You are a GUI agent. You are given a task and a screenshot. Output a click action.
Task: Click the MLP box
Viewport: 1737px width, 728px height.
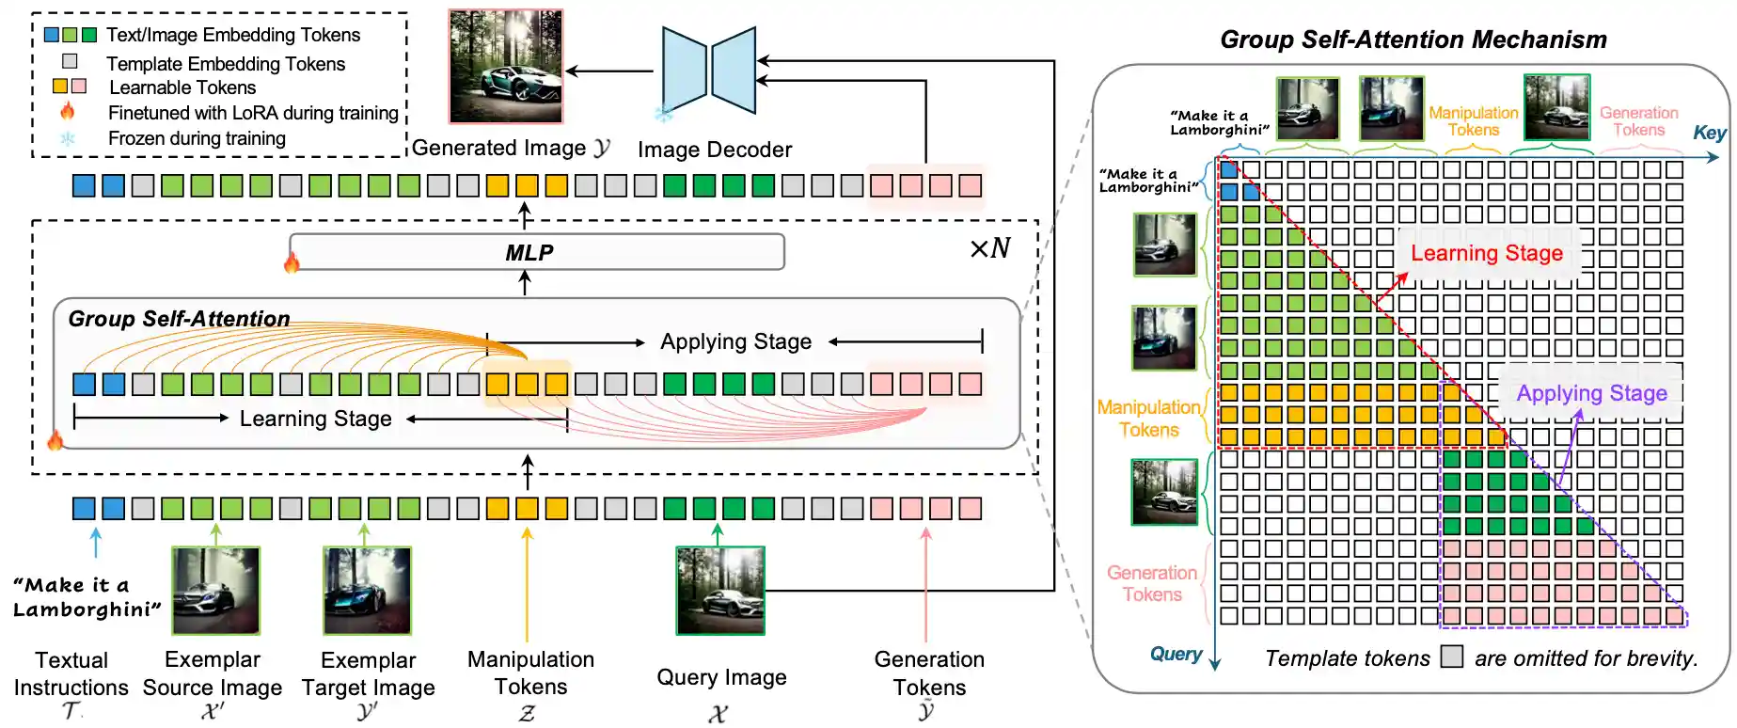click(536, 252)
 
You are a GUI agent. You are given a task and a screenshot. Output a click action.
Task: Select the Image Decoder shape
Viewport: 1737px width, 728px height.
click(709, 71)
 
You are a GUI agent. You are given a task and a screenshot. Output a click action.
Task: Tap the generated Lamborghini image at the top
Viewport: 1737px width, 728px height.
click(506, 67)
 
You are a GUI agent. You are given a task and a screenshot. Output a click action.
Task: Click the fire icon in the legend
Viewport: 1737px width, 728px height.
click(68, 112)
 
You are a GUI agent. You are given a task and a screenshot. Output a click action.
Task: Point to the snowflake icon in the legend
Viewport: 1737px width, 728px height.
click(68, 138)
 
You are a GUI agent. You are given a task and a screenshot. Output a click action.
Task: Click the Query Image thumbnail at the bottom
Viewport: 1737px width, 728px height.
click(720, 591)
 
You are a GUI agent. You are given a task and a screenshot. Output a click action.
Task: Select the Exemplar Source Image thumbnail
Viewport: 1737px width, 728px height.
click(215, 591)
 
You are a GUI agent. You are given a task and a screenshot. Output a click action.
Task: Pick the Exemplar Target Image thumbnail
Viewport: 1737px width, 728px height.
click(367, 591)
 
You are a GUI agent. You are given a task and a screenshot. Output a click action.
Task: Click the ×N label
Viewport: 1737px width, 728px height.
click(989, 248)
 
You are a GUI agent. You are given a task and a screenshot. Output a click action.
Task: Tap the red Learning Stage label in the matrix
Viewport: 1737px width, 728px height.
click(1486, 253)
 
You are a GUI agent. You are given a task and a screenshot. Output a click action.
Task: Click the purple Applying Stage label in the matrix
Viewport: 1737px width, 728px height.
click(1591, 393)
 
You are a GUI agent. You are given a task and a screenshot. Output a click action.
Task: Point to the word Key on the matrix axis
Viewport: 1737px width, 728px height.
click(1709, 133)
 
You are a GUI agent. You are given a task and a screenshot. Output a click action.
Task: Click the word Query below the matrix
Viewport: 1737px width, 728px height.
click(1176, 654)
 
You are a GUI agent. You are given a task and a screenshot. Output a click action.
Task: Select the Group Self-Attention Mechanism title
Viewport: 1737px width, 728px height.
click(1413, 40)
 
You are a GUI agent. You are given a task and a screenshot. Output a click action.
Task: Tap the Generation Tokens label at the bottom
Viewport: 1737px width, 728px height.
click(929, 673)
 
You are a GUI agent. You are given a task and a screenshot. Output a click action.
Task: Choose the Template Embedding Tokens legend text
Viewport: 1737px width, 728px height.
click(226, 64)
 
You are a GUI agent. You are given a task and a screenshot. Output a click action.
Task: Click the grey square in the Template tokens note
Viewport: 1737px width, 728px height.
click(1452, 657)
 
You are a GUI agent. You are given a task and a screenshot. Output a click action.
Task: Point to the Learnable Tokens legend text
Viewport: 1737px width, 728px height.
click(182, 87)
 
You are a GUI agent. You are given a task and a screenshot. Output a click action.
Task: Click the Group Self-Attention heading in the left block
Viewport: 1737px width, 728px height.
click(179, 319)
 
